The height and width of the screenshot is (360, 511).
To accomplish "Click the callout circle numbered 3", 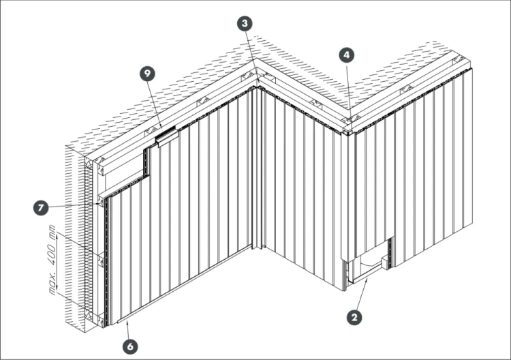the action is point(245,23).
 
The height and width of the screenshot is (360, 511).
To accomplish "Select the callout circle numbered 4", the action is point(347,55).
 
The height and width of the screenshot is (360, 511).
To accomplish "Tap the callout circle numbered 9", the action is point(148,74).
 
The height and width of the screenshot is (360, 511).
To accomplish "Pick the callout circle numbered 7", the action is point(41,208).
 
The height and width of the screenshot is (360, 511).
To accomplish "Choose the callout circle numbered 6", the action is point(130,346).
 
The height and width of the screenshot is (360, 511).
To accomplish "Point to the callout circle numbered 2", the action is point(354,317).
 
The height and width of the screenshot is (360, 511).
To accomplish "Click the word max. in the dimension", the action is point(52,284).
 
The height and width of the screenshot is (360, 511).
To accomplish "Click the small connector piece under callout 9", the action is point(168,136).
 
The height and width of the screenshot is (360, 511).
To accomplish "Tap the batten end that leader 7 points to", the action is point(102,202).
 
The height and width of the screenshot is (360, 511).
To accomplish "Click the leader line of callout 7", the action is point(73,206).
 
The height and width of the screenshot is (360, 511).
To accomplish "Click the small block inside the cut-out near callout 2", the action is point(385,262).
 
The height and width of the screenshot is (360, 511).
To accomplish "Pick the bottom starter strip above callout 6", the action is point(184,285).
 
